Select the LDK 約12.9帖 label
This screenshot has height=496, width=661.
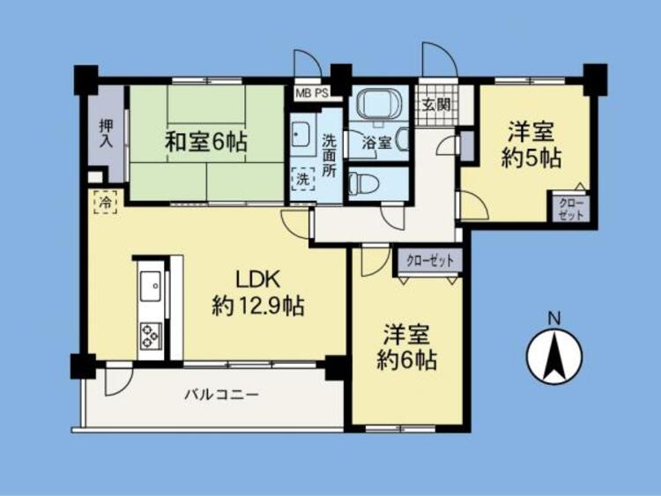click(257, 293)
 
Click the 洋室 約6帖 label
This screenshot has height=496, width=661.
click(406, 348)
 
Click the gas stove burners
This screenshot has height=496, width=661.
click(149, 334)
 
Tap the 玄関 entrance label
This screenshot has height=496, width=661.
click(436, 104)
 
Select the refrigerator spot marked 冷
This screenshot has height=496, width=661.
click(104, 204)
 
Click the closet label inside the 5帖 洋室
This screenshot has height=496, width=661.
click(570, 209)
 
